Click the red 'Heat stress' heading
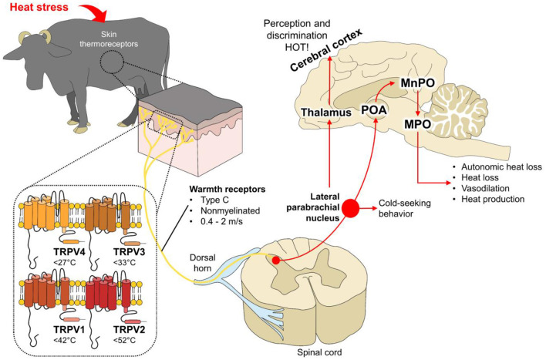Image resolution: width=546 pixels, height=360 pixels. tap(39, 7)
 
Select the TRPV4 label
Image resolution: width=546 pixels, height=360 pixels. tap(69, 251)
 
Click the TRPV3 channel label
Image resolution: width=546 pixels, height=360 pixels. tap(130, 251)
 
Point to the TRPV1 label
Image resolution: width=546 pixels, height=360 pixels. tap(69, 329)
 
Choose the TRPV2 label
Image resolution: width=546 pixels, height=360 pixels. tap(130, 329)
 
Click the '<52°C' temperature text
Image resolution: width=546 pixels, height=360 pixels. tap(124, 340)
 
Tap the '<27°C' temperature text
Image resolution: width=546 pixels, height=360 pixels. tap(65, 262)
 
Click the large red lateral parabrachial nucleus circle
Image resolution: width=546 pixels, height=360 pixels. tap(350, 209)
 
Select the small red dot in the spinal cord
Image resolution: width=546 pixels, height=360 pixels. tap(276, 260)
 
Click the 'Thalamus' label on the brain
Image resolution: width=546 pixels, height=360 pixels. tap(326, 113)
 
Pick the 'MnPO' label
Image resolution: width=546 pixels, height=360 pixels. tap(418, 83)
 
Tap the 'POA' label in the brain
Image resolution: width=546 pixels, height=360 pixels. tap(374, 110)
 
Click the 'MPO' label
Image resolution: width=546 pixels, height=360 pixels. tap(417, 124)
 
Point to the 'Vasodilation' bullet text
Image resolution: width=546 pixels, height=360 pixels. tap(485, 188)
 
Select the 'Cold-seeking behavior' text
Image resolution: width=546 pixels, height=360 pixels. tap(405, 208)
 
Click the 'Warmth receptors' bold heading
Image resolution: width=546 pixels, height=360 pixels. tap(228, 190)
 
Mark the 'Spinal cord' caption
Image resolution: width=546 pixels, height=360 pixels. tap(319, 352)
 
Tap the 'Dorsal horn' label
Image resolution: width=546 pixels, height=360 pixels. tap(203, 263)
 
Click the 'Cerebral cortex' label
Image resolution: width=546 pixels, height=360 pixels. tap(326, 49)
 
